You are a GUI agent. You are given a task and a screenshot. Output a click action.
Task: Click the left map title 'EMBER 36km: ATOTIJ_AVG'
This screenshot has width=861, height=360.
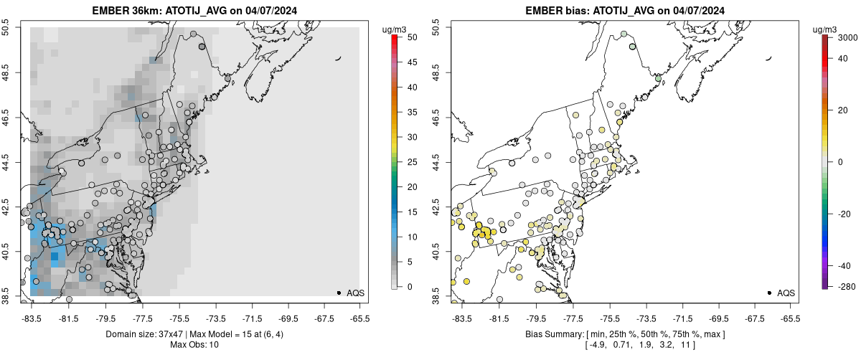coord(158,11)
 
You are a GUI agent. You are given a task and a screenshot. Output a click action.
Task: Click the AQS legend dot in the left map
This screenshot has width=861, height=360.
coord(339,293)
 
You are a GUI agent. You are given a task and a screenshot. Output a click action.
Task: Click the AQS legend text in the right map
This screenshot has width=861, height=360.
coord(786,293)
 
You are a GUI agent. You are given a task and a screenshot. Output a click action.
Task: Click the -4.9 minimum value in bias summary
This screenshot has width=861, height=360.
coord(597,345)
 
